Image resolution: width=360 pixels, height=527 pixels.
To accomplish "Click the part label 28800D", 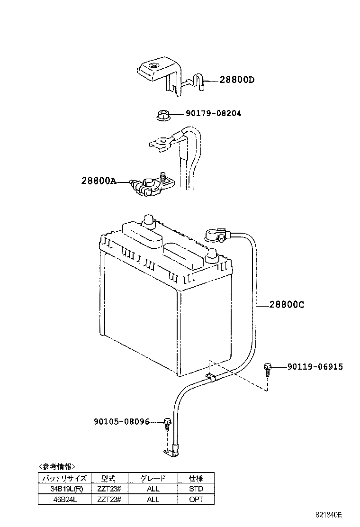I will (237, 80).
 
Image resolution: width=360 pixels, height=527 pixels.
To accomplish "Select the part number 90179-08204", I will (213, 114).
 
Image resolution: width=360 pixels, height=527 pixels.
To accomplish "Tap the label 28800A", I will (98, 181).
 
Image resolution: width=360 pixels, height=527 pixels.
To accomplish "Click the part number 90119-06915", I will (315, 366).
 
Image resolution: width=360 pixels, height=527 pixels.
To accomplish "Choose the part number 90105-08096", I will (121, 421).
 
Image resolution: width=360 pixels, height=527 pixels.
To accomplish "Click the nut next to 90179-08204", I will (162, 115).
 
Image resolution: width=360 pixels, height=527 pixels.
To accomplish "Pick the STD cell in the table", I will (196, 489).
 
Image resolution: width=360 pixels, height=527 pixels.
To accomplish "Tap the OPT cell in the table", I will (196, 499).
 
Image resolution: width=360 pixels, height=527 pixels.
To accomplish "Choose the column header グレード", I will (153, 478).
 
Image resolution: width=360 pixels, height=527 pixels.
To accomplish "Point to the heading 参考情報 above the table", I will (57, 466).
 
